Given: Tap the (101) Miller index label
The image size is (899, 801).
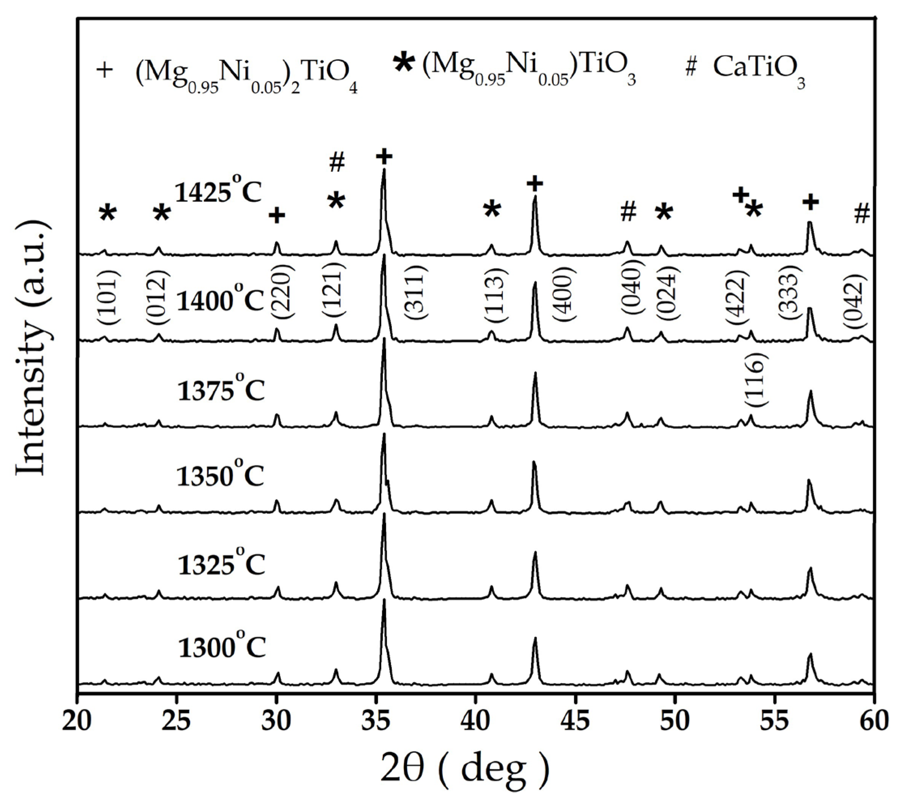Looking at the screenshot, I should [x=108, y=292].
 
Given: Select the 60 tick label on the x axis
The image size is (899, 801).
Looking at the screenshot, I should [x=873, y=723].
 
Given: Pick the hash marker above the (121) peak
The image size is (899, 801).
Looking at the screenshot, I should [x=337, y=163].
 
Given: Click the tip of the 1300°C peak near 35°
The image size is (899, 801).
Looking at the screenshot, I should [x=384, y=600].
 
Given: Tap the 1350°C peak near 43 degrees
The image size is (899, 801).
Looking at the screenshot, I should [x=534, y=462].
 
